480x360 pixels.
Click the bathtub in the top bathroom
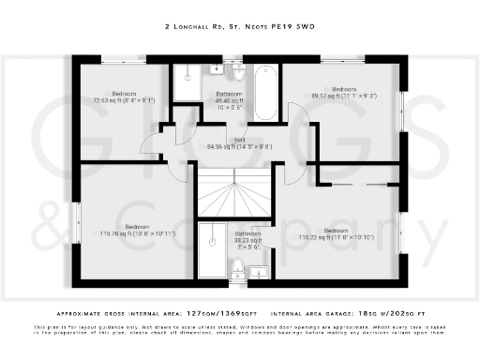265,91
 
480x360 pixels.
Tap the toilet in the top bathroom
238,71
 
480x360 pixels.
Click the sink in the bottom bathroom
260,272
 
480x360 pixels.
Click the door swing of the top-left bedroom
150,142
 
